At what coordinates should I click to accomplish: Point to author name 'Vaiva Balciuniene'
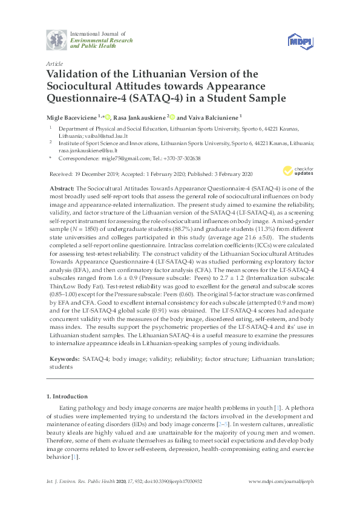click(x=215, y=117)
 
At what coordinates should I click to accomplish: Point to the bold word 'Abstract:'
click(x=62, y=189)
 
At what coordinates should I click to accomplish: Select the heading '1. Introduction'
click(x=67, y=396)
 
